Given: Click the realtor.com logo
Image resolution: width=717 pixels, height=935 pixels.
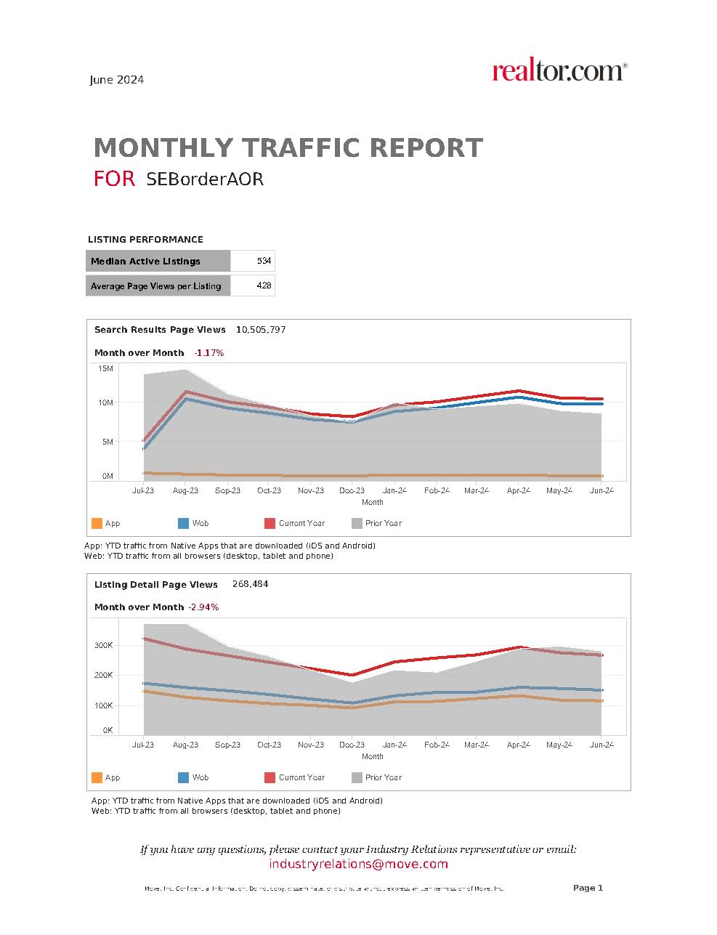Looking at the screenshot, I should [x=559, y=71].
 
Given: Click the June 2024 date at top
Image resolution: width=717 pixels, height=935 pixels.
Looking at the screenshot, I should [x=116, y=80].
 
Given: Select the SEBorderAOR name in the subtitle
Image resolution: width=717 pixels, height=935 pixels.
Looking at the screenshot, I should [x=204, y=179].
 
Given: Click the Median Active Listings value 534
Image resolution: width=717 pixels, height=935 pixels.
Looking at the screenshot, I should [x=264, y=261].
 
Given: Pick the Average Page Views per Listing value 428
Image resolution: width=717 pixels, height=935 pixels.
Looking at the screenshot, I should [x=264, y=286].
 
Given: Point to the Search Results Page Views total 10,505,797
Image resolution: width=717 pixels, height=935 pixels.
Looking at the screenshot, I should [x=261, y=330].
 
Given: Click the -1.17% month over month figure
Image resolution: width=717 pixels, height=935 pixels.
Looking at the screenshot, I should [x=209, y=353].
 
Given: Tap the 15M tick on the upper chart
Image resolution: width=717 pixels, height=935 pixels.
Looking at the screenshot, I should [x=106, y=369].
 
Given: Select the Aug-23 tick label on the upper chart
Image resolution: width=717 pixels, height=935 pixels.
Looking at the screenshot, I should [x=185, y=490].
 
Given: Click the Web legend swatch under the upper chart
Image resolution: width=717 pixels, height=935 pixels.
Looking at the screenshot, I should [x=183, y=523].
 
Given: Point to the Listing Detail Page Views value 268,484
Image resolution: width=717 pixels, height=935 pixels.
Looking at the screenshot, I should [x=250, y=584].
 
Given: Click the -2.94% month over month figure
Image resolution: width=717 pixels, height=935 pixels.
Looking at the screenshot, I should [x=203, y=607].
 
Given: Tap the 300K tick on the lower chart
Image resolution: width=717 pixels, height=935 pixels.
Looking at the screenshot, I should [x=104, y=645].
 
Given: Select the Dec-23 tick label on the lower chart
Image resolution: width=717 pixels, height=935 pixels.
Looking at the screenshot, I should [x=352, y=745].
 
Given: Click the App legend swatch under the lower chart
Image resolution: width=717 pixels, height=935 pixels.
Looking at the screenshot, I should [x=97, y=777].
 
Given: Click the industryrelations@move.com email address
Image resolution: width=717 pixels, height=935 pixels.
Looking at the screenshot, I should [x=358, y=864].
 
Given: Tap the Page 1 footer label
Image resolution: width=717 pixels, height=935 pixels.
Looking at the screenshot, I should [x=588, y=888].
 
